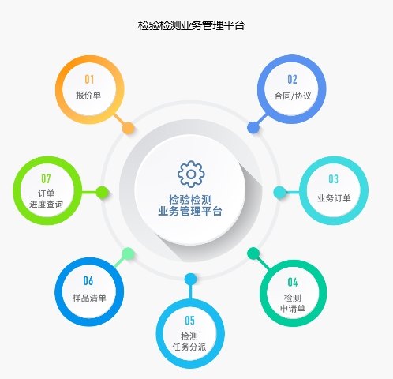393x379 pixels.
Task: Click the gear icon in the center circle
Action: point(191,174)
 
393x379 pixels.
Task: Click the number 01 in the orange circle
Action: point(89,80)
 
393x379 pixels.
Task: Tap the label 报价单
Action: point(88,95)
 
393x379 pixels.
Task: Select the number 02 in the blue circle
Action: point(292,80)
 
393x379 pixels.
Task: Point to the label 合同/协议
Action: point(293,96)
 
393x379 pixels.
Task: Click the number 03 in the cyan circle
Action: point(333,179)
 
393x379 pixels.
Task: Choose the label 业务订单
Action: point(334,198)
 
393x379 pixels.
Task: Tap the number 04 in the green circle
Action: point(293,283)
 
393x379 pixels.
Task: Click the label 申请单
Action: point(293,309)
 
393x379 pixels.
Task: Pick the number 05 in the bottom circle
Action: point(189,321)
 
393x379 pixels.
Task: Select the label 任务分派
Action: point(189,347)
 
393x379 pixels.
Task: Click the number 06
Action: point(88,281)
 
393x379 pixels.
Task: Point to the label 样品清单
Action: point(89,298)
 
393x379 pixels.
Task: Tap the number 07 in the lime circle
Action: point(46,179)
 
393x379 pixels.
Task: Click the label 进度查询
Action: point(46,205)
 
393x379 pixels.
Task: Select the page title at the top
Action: point(192,25)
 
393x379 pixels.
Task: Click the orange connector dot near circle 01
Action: point(129,129)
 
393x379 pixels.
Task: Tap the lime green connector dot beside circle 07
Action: point(102,193)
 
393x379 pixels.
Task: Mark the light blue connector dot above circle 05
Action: point(191,280)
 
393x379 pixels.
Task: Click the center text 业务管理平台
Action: point(190,211)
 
